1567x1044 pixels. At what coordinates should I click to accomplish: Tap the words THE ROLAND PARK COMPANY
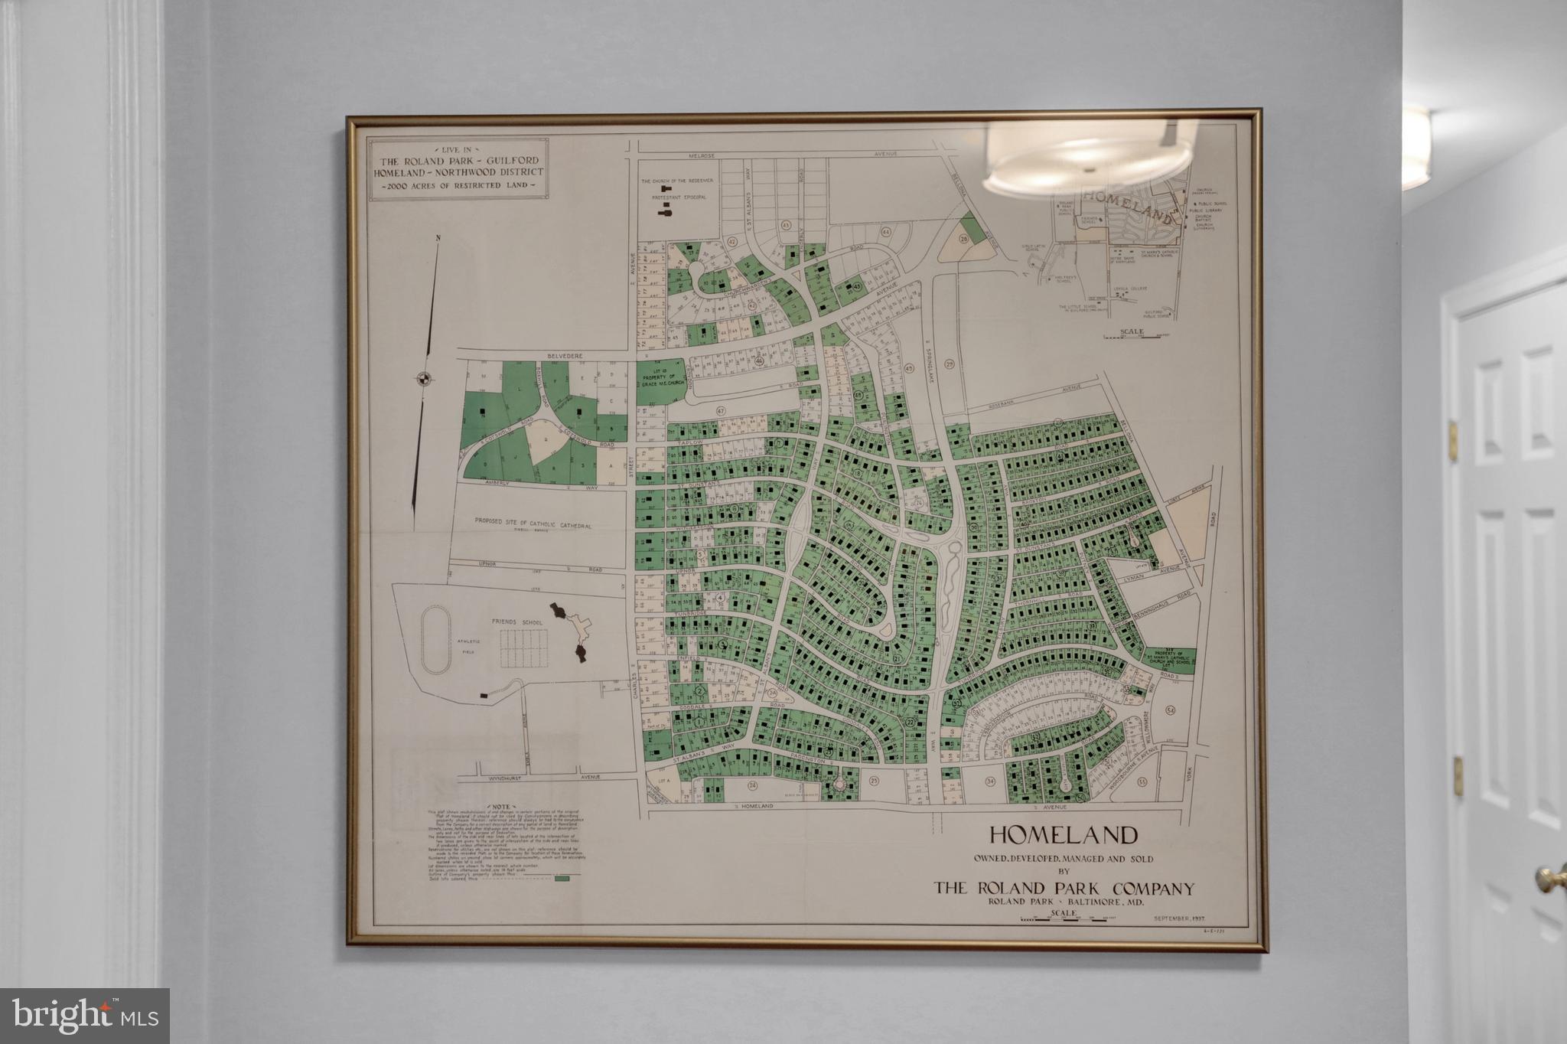[1064, 889]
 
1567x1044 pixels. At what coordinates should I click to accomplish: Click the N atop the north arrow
[438, 238]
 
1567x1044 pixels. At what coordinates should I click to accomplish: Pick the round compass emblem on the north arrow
[422, 377]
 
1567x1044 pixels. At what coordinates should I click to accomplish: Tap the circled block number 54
[1171, 710]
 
